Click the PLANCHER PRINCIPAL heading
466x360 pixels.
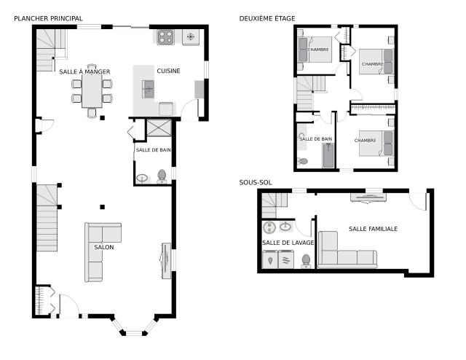(x=48, y=18)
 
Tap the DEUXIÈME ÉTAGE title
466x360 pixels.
(x=267, y=18)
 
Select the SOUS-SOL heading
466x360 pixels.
(x=256, y=182)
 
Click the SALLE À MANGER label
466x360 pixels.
(x=84, y=71)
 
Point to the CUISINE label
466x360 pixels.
(x=168, y=71)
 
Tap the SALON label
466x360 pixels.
(x=104, y=247)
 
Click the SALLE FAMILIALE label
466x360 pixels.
(x=374, y=229)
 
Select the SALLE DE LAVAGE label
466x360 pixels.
(x=288, y=243)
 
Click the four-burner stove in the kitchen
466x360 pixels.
(x=166, y=37)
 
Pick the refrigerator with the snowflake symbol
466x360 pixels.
(x=191, y=37)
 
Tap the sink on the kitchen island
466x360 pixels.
(x=148, y=89)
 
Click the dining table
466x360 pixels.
(x=92, y=91)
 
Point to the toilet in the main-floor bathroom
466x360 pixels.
(x=162, y=176)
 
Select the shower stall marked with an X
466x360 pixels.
(x=159, y=128)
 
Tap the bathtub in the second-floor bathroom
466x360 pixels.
(x=328, y=156)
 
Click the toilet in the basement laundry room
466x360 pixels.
(x=306, y=261)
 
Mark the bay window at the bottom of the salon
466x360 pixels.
(x=134, y=326)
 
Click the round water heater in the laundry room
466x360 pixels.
(x=269, y=227)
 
